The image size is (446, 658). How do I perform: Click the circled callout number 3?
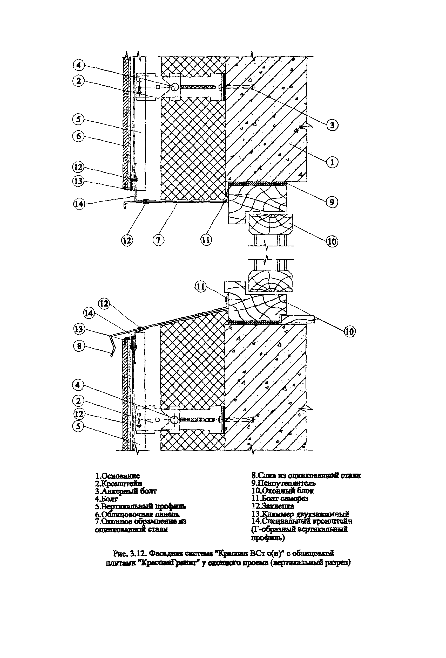tap(332, 125)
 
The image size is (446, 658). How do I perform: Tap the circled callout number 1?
tap(332, 162)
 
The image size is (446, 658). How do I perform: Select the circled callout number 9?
tap(332, 202)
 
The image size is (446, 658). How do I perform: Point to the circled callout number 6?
tap(78, 136)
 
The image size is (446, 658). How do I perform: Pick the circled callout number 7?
tap(158, 240)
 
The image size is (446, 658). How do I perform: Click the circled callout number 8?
tap(79, 346)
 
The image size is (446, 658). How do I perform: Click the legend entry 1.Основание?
tap(117, 476)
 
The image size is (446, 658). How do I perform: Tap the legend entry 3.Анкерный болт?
tap(126, 491)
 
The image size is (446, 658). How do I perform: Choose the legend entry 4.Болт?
tap(106, 498)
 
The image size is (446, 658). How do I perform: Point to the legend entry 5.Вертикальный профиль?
tap(140, 506)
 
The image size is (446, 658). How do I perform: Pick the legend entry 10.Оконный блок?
tap(282, 491)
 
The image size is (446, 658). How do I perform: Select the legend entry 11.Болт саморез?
tap(280, 498)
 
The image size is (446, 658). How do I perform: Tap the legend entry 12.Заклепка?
tap(273, 506)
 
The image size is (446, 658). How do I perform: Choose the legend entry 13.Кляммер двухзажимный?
tap(300, 514)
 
